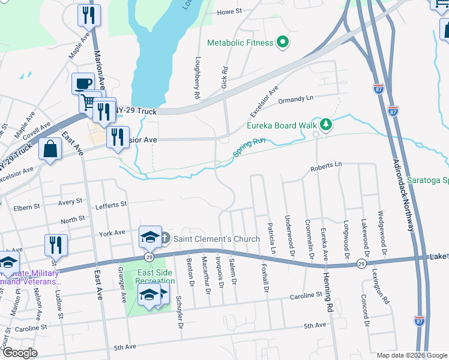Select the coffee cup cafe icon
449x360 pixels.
click(83, 83)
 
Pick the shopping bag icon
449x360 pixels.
click(50, 149)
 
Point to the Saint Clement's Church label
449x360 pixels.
click(217, 239)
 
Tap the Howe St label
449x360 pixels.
click(229, 11)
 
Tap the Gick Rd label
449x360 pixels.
click(224, 74)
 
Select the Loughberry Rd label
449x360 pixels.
click(196, 78)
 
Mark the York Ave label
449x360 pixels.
click(112, 232)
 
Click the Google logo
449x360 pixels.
click(20, 352)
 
